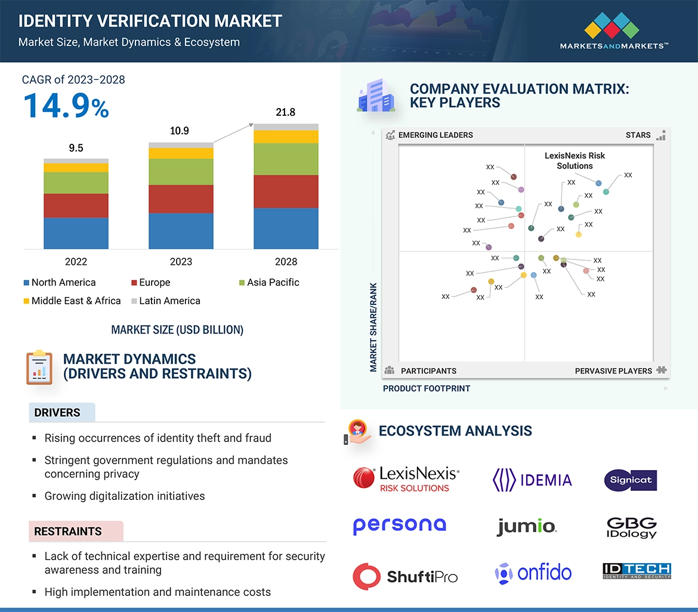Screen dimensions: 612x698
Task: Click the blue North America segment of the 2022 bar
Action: tap(76, 233)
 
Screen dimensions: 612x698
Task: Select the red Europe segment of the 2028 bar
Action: tap(285, 191)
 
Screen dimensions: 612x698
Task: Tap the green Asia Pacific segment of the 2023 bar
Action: tap(181, 172)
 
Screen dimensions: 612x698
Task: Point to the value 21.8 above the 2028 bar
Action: tap(285, 112)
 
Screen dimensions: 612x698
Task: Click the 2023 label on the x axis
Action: tap(181, 261)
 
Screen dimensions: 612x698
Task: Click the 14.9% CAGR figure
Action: tap(66, 105)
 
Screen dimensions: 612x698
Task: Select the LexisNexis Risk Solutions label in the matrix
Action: tap(575, 160)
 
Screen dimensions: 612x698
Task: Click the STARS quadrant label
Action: tap(638, 135)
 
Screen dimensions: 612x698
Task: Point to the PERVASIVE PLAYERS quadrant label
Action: tap(613, 371)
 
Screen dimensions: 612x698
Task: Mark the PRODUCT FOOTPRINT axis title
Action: tap(427, 388)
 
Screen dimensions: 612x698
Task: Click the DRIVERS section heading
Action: tap(57, 413)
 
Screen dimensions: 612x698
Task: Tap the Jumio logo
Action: tap(526, 526)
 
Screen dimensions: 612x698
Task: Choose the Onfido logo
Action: tap(533, 573)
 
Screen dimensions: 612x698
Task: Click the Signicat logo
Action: tap(631, 480)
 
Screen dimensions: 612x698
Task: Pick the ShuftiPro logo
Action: tap(405, 576)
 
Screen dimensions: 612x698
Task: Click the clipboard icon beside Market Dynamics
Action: tap(39, 367)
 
